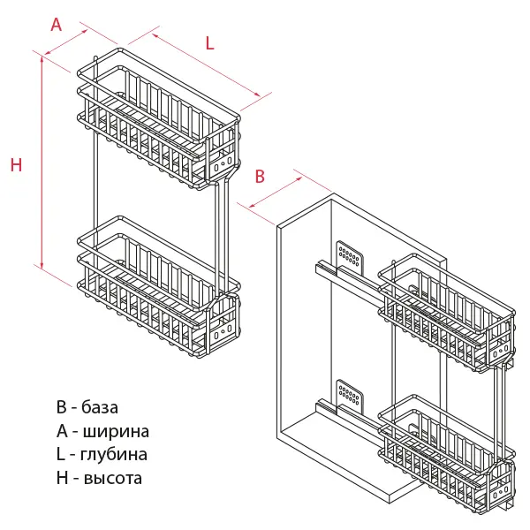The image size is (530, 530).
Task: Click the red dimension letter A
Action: click(57, 25)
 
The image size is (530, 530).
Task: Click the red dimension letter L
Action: click(210, 42)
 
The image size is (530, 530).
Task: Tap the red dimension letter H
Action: click(16, 164)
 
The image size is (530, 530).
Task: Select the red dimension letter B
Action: click(260, 176)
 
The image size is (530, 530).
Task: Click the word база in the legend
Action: click(100, 408)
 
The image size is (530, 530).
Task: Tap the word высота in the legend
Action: click(111, 479)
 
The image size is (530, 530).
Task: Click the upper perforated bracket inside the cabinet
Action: click(350, 254)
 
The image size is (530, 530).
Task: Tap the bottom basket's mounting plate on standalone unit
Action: click(222, 329)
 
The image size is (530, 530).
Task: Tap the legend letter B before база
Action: click(61, 408)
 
